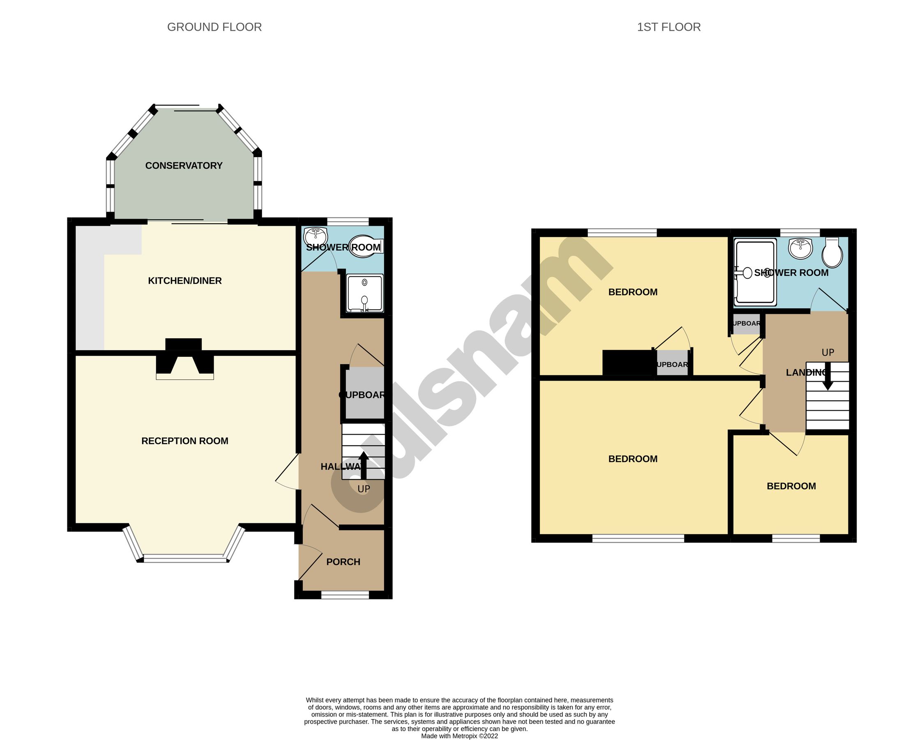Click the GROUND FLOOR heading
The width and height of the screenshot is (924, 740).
pos(214,27)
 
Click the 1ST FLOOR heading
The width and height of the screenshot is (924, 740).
pos(668,27)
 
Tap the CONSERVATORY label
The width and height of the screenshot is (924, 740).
pos(184,166)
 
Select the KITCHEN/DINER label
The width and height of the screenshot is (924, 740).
pos(185,281)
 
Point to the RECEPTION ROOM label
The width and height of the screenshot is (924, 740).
pos(185,441)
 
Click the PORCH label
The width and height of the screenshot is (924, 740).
pos(343,562)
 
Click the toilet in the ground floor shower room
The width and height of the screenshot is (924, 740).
pos(364,247)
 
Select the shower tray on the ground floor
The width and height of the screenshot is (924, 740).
pos(365,294)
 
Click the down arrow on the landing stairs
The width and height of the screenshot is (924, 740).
pos(827,377)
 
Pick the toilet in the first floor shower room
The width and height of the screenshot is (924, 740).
pos(832,252)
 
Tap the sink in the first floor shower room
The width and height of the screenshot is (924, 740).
pos(800,248)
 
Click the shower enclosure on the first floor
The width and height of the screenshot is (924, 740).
pos(755,273)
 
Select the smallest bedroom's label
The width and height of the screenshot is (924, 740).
pos(791,486)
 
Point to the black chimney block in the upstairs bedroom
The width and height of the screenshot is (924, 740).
pos(629,363)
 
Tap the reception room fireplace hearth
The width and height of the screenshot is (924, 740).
pos(185,376)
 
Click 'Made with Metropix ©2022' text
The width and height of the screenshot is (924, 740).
pos(459,736)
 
